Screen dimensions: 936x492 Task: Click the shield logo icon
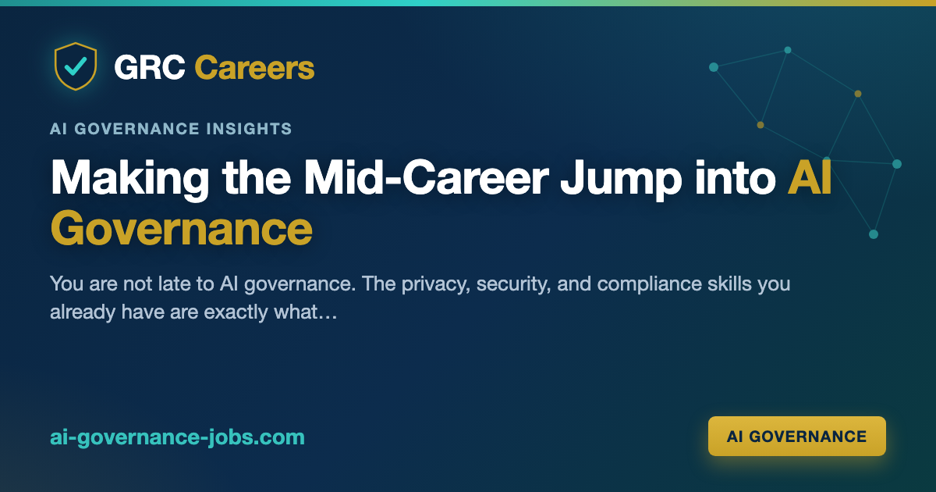76,66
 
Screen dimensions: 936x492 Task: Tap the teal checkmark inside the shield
76,66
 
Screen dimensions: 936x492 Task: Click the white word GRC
150,67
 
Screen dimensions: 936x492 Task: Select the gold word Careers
254,67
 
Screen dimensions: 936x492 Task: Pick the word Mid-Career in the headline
426,177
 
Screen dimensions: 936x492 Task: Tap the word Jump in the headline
621,179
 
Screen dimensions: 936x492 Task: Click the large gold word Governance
181,229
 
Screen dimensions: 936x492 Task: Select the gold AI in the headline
810,177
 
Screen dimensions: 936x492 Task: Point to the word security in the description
513,284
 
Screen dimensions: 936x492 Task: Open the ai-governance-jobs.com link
177,437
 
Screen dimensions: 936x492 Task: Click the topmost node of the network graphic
788,50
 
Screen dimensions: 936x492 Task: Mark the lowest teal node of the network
874,234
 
